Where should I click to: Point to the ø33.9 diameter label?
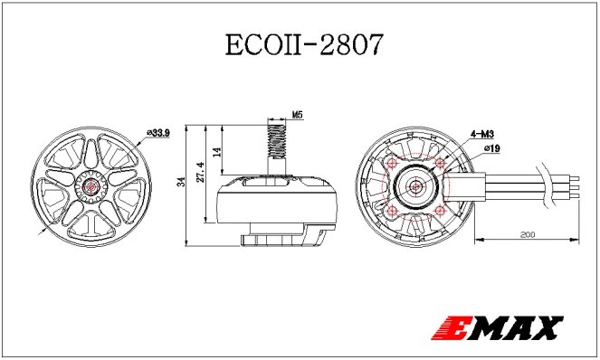[159, 132]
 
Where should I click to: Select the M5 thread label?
[298, 115]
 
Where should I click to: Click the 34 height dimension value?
[182, 185]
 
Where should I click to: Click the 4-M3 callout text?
[481, 133]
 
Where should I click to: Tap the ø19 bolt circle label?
[492, 147]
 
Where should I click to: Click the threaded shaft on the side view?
[274, 142]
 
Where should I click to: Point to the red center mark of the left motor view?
[92, 185]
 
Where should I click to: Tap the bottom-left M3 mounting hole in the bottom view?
[392, 211]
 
